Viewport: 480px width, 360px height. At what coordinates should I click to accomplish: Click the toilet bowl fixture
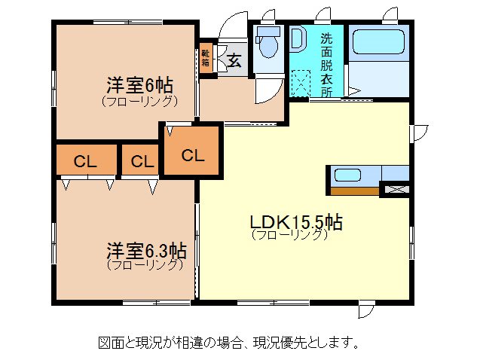(x=268, y=42)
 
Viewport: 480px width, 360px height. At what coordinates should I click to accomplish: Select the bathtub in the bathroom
(x=379, y=41)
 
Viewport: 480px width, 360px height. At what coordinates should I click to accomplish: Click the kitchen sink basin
(x=347, y=175)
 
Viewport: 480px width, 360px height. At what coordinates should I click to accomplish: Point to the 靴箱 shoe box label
(x=205, y=58)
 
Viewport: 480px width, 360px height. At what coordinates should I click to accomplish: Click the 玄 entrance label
(x=234, y=60)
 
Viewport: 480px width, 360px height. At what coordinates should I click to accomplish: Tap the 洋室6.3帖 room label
(x=146, y=251)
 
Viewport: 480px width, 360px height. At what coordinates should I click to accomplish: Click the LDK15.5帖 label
(x=296, y=222)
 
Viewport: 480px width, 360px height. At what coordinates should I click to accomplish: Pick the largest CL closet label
(x=193, y=155)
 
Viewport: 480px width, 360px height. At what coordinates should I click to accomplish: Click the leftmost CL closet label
(x=85, y=161)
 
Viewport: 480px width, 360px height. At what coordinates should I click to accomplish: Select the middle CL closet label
(x=142, y=161)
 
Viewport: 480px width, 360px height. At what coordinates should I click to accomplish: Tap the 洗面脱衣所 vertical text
(x=326, y=65)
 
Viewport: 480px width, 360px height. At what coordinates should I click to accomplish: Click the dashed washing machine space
(x=301, y=83)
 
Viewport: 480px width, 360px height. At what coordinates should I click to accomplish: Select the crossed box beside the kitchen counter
(x=397, y=189)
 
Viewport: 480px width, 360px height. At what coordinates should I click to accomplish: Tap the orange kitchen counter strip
(x=355, y=191)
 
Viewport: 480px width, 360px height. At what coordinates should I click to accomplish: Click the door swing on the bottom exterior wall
(x=365, y=311)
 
